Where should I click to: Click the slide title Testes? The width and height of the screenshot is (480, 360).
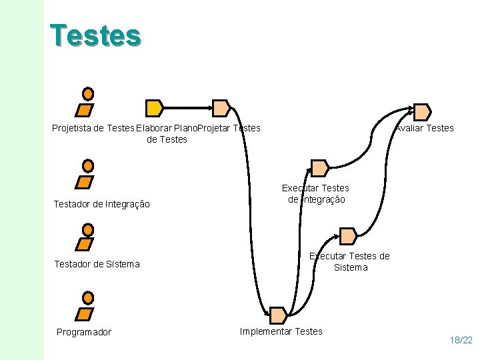click(x=95, y=35)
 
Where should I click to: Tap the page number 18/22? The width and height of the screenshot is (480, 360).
click(x=461, y=340)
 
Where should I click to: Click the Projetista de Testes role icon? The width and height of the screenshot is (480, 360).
click(x=87, y=102)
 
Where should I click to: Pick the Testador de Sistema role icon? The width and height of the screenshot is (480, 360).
click(x=87, y=237)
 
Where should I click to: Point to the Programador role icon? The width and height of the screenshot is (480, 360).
click(x=87, y=306)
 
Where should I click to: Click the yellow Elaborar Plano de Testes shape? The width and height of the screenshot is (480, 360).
click(x=154, y=107)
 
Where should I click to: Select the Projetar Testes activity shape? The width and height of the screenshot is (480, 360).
click(x=221, y=107)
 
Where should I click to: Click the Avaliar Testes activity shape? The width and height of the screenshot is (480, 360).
click(x=422, y=111)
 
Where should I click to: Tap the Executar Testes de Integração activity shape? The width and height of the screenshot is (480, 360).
click(x=320, y=167)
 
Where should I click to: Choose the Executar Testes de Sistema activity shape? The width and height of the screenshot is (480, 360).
click(x=348, y=235)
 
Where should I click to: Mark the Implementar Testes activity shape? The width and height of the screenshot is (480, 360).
click(x=277, y=315)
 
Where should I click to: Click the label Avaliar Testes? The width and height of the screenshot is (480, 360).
click(x=425, y=128)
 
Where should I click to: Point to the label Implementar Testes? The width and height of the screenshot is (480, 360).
click(x=281, y=331)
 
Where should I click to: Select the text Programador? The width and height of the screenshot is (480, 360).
click(x=84, y=332)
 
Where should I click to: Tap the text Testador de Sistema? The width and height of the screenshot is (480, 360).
click(x=97, y=264)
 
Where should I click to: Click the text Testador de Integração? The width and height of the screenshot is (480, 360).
click(x=101, y=204)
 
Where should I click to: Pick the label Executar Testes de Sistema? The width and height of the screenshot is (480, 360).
click(x=350, y=261)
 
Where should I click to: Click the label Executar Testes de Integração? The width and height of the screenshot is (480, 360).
click(x=316, y=194)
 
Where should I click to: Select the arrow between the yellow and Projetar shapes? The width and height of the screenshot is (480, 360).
click(x=187, y=107)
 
